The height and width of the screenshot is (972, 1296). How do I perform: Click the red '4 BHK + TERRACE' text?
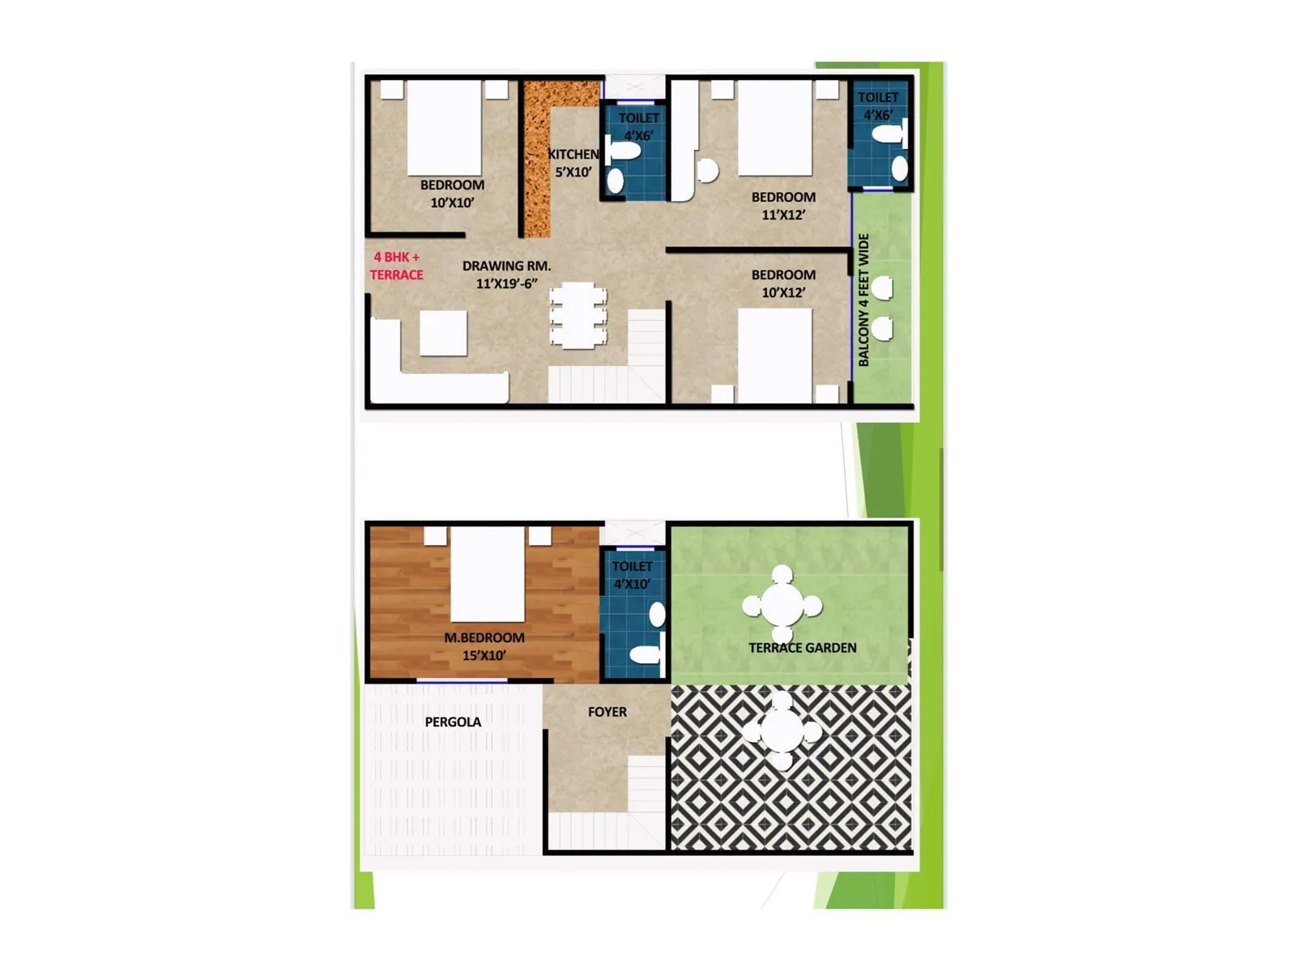[396, 266]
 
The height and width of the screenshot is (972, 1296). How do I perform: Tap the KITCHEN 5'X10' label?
[573, 163]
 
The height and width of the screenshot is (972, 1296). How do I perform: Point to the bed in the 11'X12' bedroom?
[774, 127]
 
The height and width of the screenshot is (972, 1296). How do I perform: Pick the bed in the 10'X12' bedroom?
[774, 356]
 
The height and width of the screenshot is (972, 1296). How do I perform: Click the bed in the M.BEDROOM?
[487, 574]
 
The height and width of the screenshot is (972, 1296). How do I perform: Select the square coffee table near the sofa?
[443, 333]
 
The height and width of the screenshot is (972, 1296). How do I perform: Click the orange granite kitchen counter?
[535, 162]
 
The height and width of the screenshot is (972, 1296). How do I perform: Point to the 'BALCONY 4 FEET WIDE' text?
[863, 300]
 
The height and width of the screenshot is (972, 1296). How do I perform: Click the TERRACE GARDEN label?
[802, 648]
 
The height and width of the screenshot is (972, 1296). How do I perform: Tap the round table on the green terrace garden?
[782, 605]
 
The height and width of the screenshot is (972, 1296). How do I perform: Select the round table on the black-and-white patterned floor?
[782, 731]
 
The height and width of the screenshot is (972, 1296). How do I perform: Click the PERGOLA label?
[453, 722]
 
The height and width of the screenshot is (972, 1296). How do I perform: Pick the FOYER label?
[607, 712]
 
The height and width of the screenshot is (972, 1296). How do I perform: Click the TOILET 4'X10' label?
[632, 575]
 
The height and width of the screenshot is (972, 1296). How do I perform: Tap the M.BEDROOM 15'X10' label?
[484, 646]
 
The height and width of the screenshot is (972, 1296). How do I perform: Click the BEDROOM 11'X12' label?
[783, 206]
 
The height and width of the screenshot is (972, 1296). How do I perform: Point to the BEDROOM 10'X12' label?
[783, 283]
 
